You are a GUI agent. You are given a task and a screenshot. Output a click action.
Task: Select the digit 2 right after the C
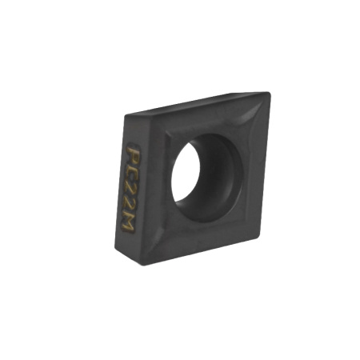point(130,190)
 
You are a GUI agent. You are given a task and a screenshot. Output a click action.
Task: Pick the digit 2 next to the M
point(128,206)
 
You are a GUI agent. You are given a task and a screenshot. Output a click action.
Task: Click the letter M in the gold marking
point(127,223)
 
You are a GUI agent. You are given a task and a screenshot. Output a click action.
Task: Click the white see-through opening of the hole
point(185,173)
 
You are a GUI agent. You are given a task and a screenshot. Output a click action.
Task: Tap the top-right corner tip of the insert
point(269,94)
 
